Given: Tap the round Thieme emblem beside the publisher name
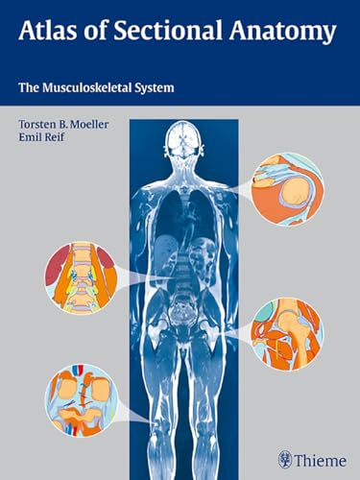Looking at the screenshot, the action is pyautogui.click(x=284, y=459).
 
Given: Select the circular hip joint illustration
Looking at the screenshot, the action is pyautogui.click(x=287, y=333).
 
